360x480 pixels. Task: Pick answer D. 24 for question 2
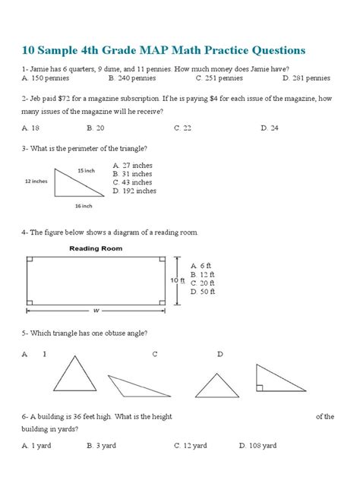[269, 128]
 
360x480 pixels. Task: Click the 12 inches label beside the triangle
[36, 182]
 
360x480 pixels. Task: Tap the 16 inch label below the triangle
[84, 206]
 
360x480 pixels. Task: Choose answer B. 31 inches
[134, 174]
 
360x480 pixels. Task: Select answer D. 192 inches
[135, 191]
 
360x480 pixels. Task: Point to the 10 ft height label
[178, 281]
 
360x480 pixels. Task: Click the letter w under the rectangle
[97, 309]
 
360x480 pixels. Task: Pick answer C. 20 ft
[204, 282]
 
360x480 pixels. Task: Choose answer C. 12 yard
[191, 446]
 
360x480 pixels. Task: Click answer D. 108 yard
[258, 446]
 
